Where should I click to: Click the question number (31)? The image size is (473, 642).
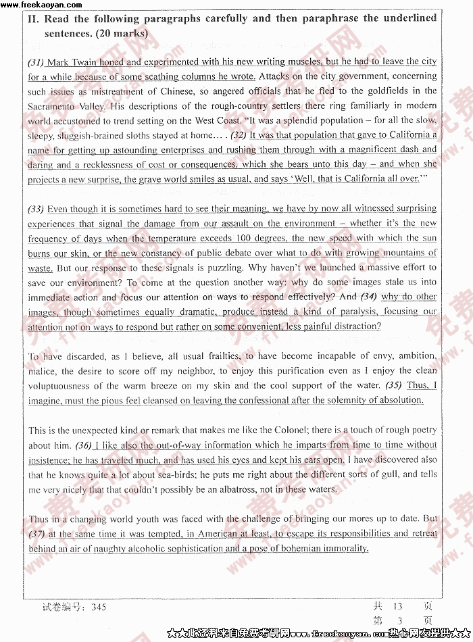coord(36,62)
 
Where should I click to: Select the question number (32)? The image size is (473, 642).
coord(239,135)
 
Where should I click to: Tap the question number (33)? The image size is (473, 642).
coord(36,209)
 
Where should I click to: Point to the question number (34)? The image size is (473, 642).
coord(368,297)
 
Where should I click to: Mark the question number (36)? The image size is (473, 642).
coord(83,445)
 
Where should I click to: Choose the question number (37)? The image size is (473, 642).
coord(36,534)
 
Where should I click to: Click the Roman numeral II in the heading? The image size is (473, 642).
coord(34,19)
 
